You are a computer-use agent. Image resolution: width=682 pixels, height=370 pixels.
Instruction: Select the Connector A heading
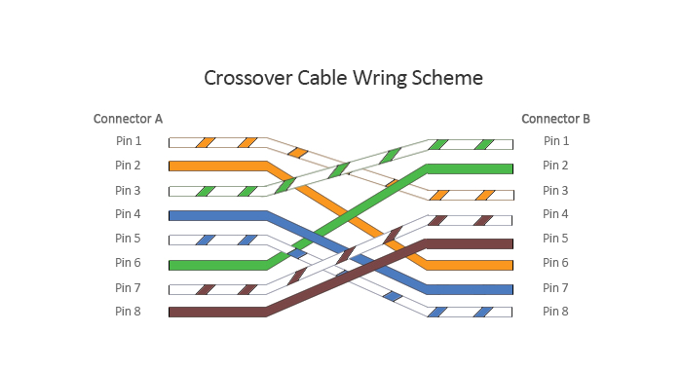pos(128,119)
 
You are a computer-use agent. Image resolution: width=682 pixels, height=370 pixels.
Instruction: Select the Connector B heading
pos(555,119)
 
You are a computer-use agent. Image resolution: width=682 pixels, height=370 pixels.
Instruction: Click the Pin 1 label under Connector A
pos(128,141)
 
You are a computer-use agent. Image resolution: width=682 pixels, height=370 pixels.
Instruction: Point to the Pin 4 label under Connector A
pos(128,214)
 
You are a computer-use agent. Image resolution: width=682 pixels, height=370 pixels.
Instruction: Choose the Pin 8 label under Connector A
pos(128,312)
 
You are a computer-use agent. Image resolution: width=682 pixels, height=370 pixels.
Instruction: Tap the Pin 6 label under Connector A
pos(128,263)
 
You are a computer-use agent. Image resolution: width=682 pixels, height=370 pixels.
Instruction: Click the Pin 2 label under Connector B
pos(555,166)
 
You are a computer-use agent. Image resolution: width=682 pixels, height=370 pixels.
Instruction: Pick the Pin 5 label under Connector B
pos(555,239)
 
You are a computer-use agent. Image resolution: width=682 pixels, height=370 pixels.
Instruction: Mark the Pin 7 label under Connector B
pos(555,287)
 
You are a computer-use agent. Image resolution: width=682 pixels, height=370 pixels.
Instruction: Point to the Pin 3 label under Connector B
pos(555,190)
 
